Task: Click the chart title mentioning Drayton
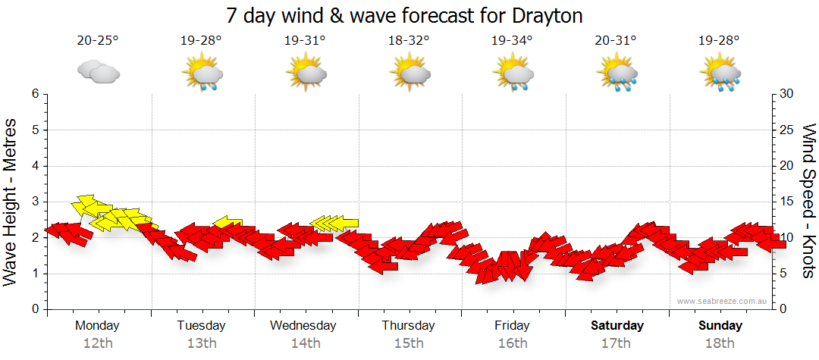click(405, 15)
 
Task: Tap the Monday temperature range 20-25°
click(98, 41)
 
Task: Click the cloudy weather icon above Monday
click(99, 73)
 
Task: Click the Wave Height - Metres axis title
click(12, 202)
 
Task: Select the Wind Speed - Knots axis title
click(807, 202)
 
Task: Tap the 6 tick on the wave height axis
click(35, 94)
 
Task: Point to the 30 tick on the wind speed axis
click(786, 94)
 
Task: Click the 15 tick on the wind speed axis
click(786, 202)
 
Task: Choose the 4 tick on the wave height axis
click(35, 166)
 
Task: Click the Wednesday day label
click(303, 326)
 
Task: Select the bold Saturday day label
click(617, 326)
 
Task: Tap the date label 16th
click(513, 343)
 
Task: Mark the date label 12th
click(97, 343)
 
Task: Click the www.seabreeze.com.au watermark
click(723, 302)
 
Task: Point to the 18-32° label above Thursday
click(409, 41)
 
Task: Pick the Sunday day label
click(720, 326)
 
